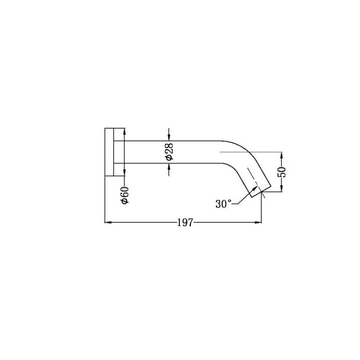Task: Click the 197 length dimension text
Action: (x=185, y=223)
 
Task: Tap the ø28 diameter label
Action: (x=169, y=151)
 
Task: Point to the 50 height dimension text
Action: (x=282, y=172)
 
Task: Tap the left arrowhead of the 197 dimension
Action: (x=107, y=223)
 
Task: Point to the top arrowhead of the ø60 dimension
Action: (x=124, y=130)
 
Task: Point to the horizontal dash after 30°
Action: (x=238, y=204)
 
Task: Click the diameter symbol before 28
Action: (x=169, y=158)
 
